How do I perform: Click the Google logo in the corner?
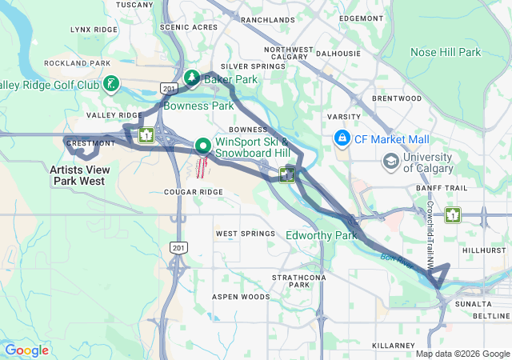26,350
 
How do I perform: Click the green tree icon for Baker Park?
192,78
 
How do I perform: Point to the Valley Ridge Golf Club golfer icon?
111,84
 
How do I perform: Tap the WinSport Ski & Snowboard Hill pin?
203,146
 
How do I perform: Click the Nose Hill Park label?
446,52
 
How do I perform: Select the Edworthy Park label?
321,235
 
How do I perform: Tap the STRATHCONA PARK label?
290,281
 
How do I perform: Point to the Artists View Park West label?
77,175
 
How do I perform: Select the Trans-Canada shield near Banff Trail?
454,214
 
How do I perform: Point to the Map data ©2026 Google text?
462,354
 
